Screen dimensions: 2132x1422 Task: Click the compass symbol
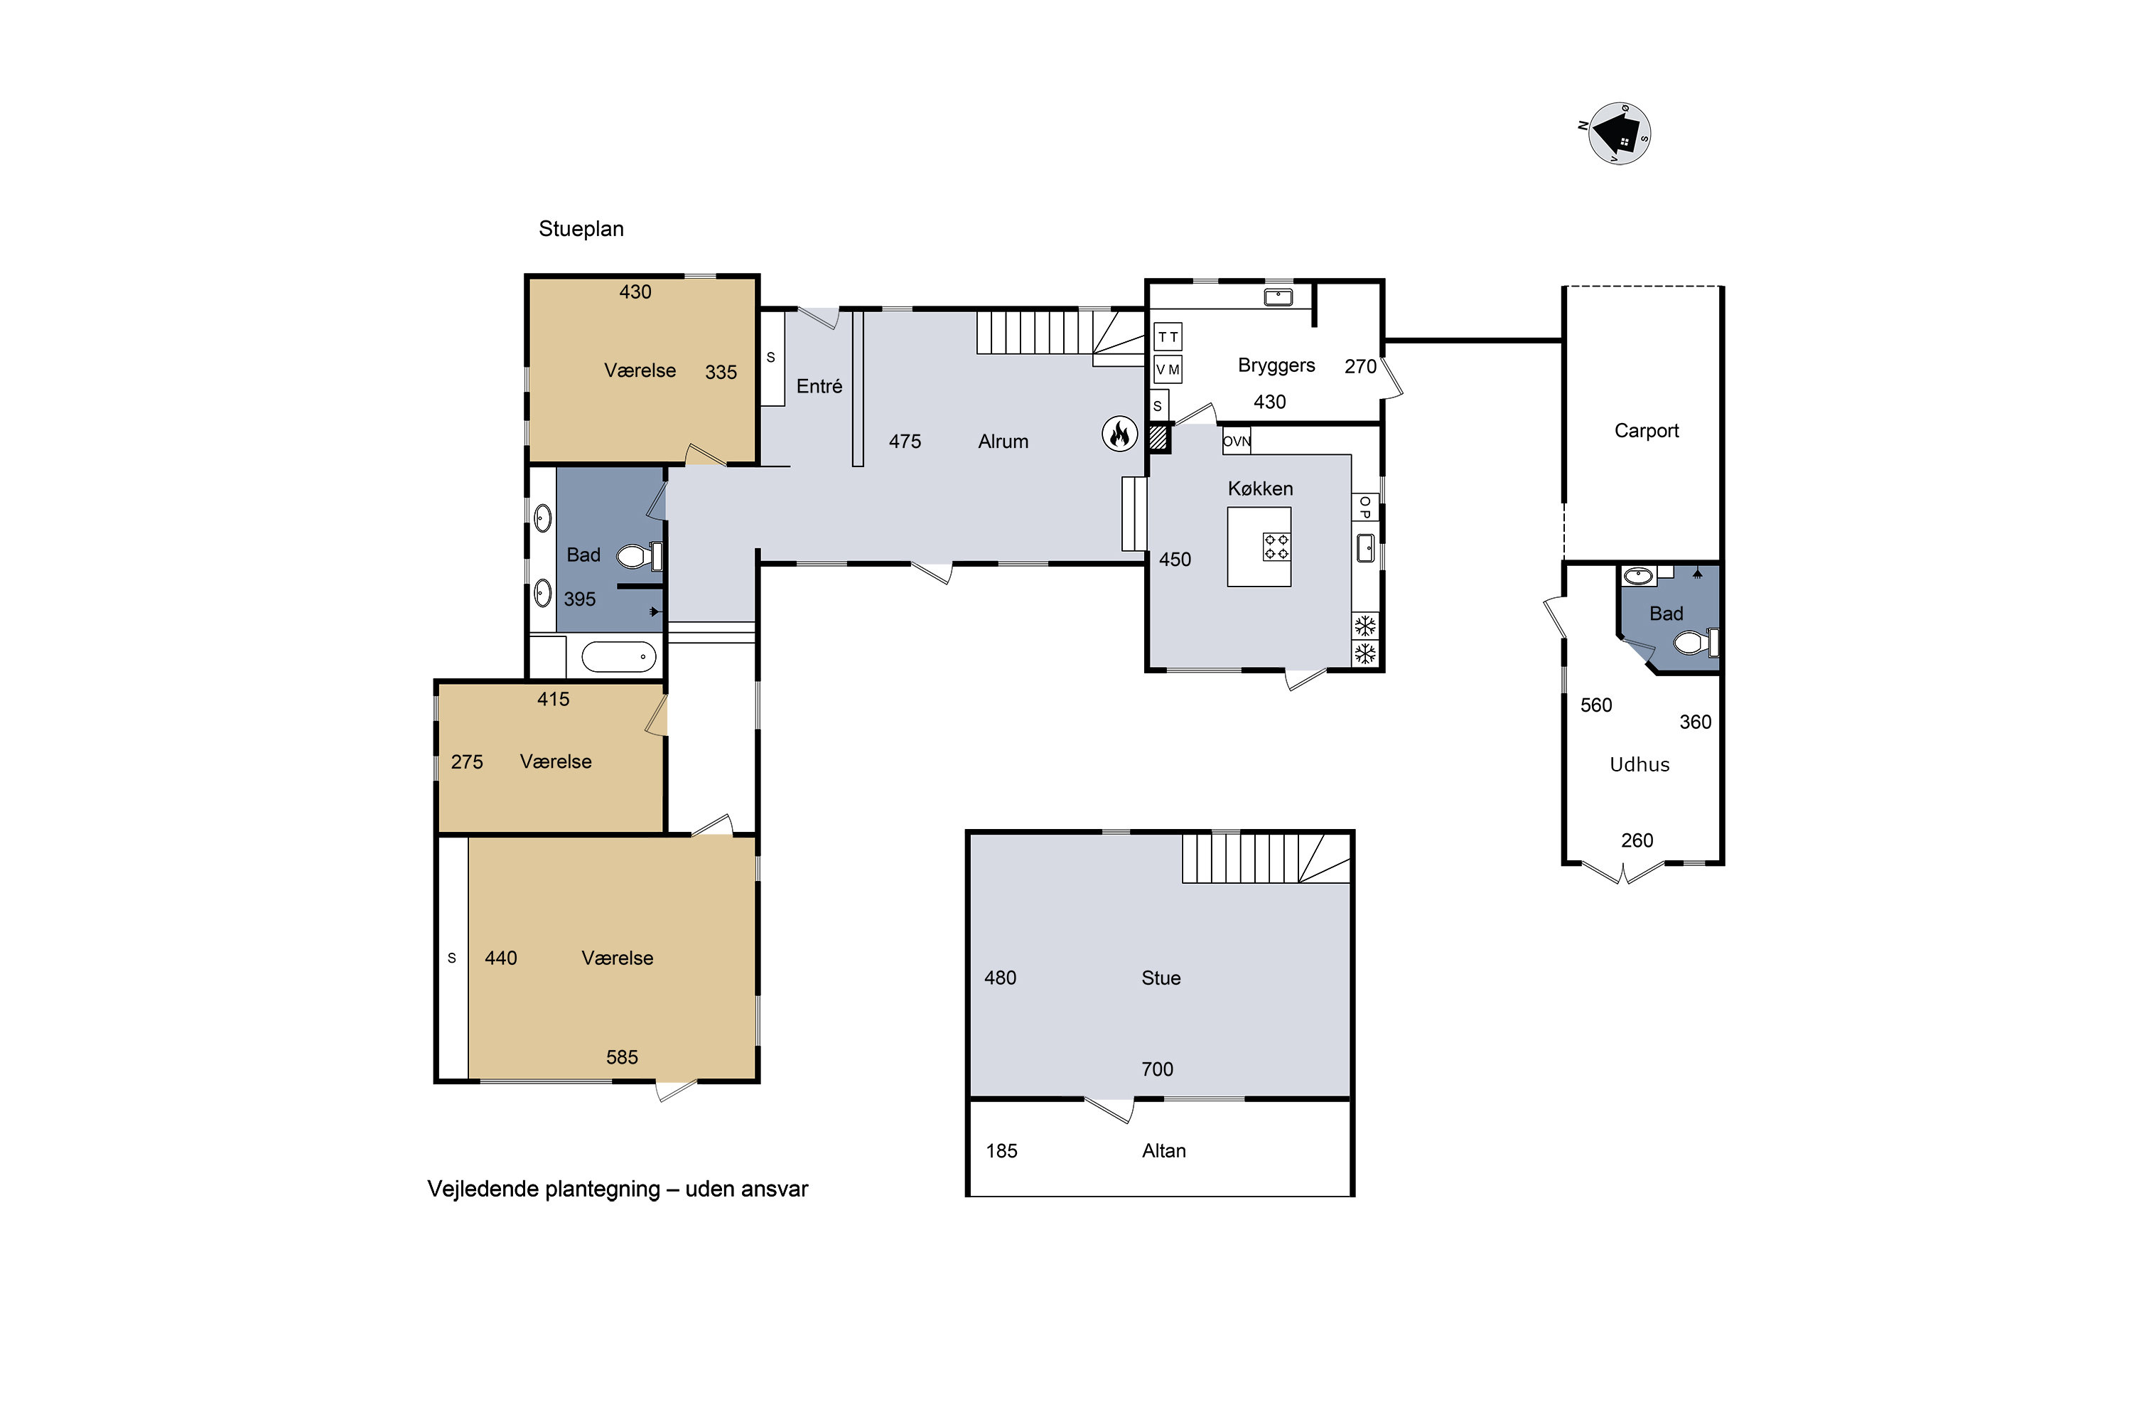click(1619, 134)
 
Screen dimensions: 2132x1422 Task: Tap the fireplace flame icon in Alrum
click(1119, 434)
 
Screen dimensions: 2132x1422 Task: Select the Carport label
click(1646, 431)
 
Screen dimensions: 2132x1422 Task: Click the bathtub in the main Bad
click(618, 656)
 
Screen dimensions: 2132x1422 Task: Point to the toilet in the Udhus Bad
click(1694, 643)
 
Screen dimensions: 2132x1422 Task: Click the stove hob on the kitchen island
click(1276, 546)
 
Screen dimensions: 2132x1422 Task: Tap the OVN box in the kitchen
click(1237, 441)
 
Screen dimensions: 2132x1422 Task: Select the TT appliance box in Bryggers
click(1168, 336)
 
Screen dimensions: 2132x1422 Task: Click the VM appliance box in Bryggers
click(1168, 369)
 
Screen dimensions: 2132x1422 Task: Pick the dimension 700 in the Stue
click(1157, 1069)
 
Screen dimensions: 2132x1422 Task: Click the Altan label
click(1164, 1151)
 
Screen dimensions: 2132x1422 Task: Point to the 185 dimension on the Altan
click(1001, 1151)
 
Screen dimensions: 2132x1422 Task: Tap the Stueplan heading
click(581, 228)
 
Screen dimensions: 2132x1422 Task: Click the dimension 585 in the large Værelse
click(622, 1057)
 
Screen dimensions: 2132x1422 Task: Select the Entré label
click(819, 386)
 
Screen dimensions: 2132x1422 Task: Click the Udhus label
click(1639, 764)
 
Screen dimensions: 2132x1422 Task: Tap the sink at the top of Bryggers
click(1278, 296)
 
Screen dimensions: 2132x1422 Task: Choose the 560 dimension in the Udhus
click(1596, 705)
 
